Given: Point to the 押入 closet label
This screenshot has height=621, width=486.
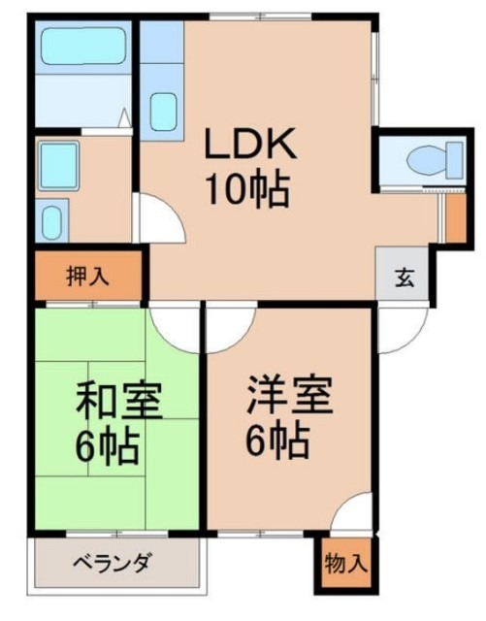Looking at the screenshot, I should (x=87, y=276).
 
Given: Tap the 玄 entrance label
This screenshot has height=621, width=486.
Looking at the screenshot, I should (x=402, y=277).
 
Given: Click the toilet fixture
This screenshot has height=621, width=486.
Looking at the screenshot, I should (x=426, y=158).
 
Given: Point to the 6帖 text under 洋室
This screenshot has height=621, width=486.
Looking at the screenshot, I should (x=276, y=442).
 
